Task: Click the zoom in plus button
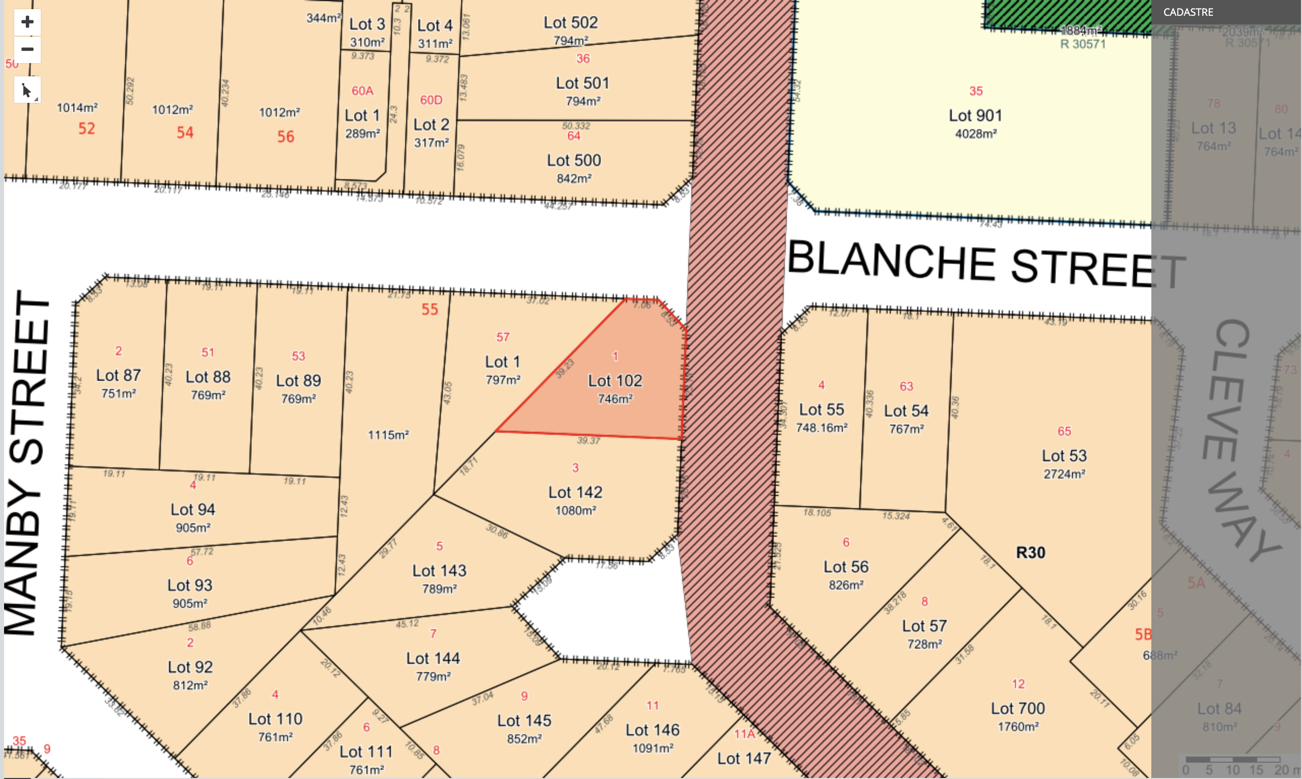tap(27, 22)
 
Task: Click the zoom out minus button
tap(27, 49)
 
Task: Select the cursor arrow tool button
tap(27, 90)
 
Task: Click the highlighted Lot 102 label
tap(614, 380)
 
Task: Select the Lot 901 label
tap(975, 116)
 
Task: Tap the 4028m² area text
tap(976, 134)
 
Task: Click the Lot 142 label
tap(575, 492)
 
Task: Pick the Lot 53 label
tap(1064, 456)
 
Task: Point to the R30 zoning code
tap(1030, 553)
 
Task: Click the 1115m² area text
tap(388, 435)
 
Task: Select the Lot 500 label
tap(574, 160)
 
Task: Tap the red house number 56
tap(286, 137)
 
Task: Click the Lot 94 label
tap(192, 509)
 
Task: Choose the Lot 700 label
tap(1017, 709)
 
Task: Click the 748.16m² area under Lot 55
tap(822, 428)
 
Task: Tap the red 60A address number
tap(362, 91)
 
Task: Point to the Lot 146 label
tap(653, 730)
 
